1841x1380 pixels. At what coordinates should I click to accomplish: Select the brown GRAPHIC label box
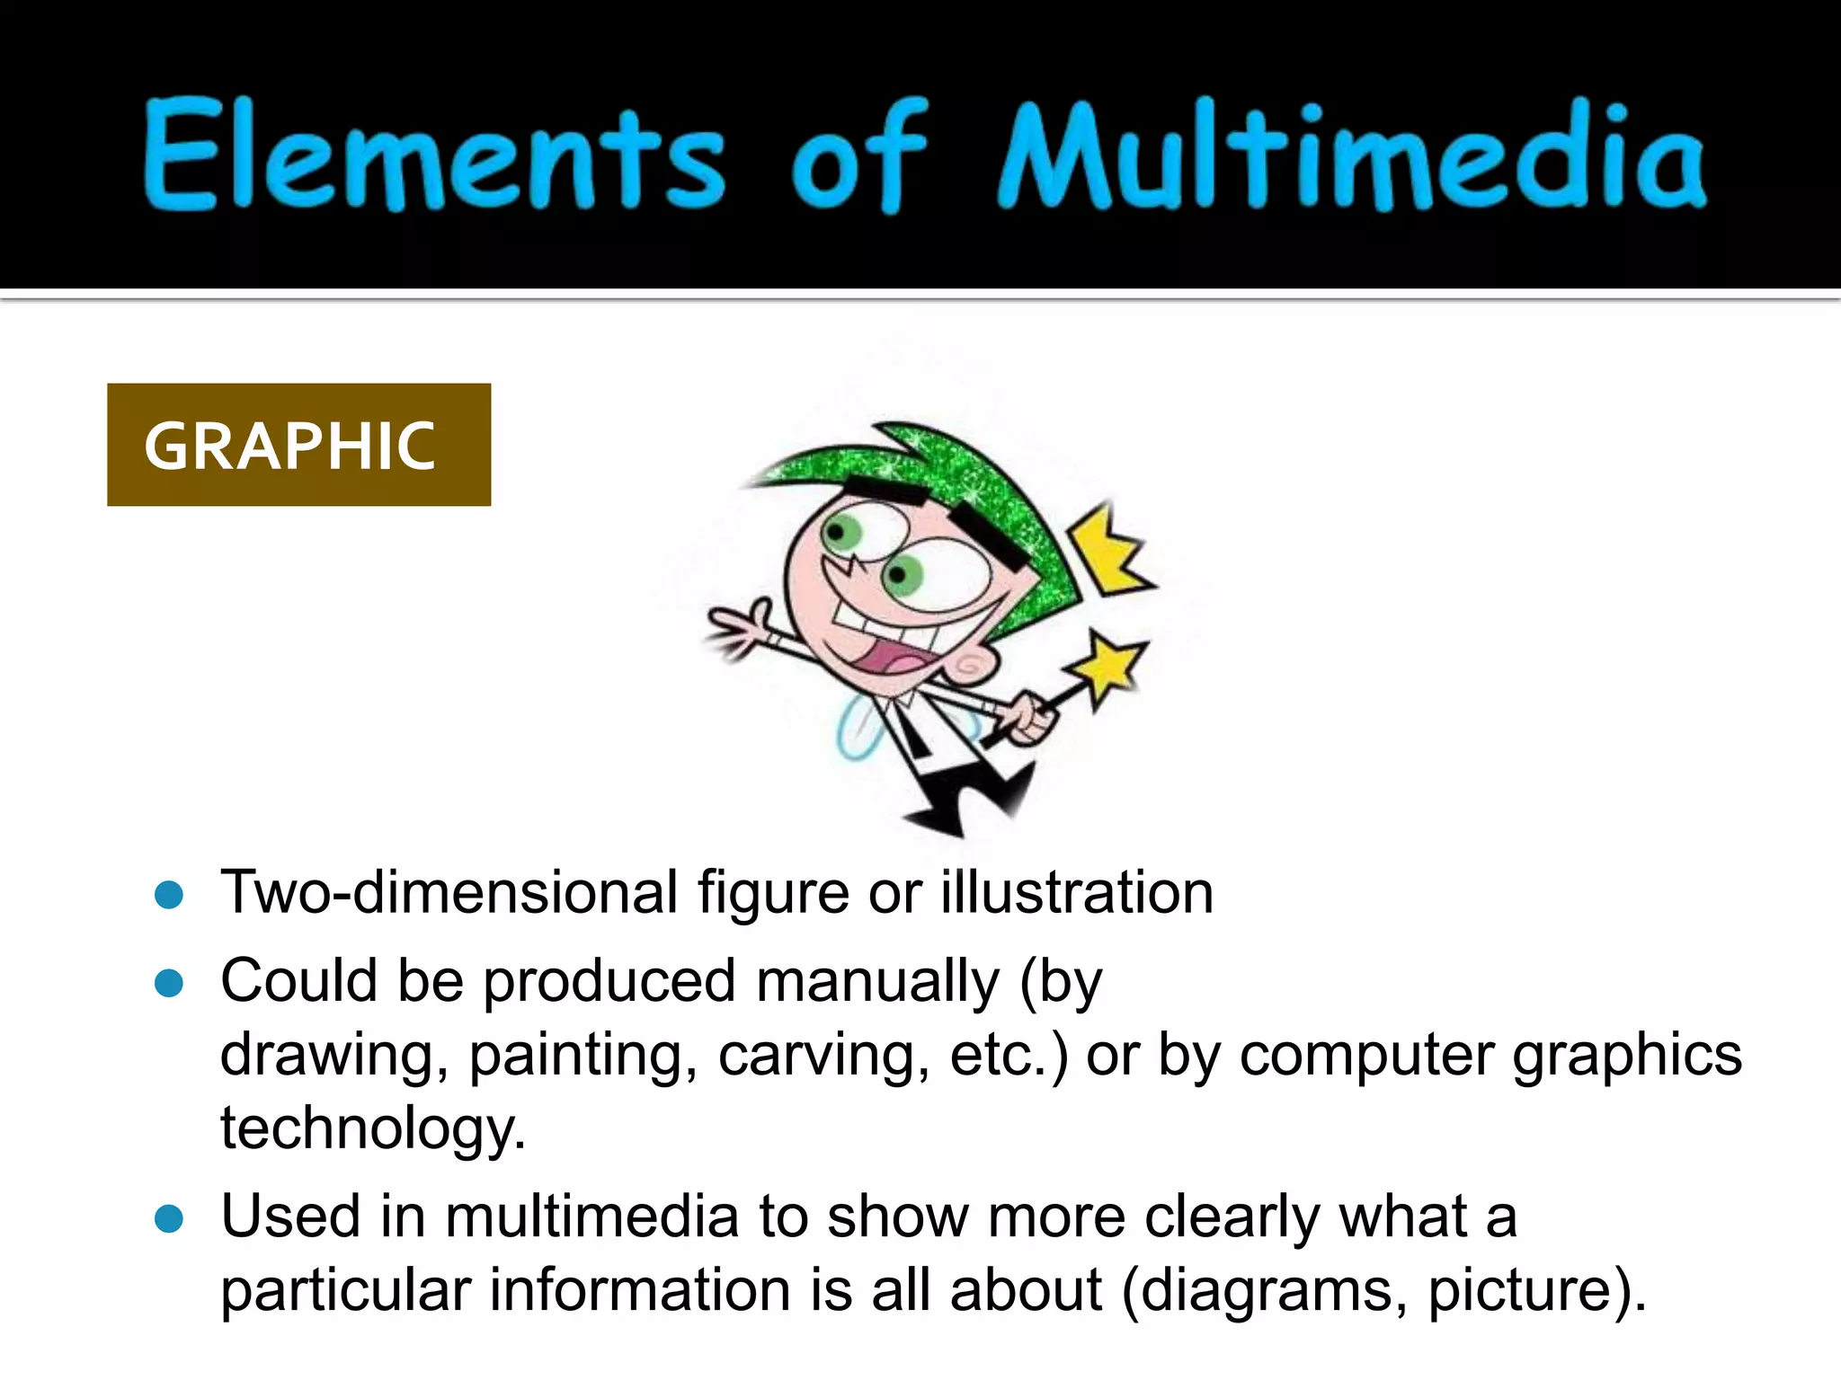(298, 445)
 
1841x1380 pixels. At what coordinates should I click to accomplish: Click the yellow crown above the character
(1113, 550)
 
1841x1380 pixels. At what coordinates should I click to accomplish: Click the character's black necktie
(912, 732)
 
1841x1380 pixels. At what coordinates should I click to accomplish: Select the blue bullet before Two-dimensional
(169, 895)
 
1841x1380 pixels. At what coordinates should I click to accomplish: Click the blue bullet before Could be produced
(169, 983)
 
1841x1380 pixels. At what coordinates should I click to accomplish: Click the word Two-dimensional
(449, 893)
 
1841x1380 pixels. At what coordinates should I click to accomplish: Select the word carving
(823, 1056)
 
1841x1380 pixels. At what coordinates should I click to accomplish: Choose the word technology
(372, 1128)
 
